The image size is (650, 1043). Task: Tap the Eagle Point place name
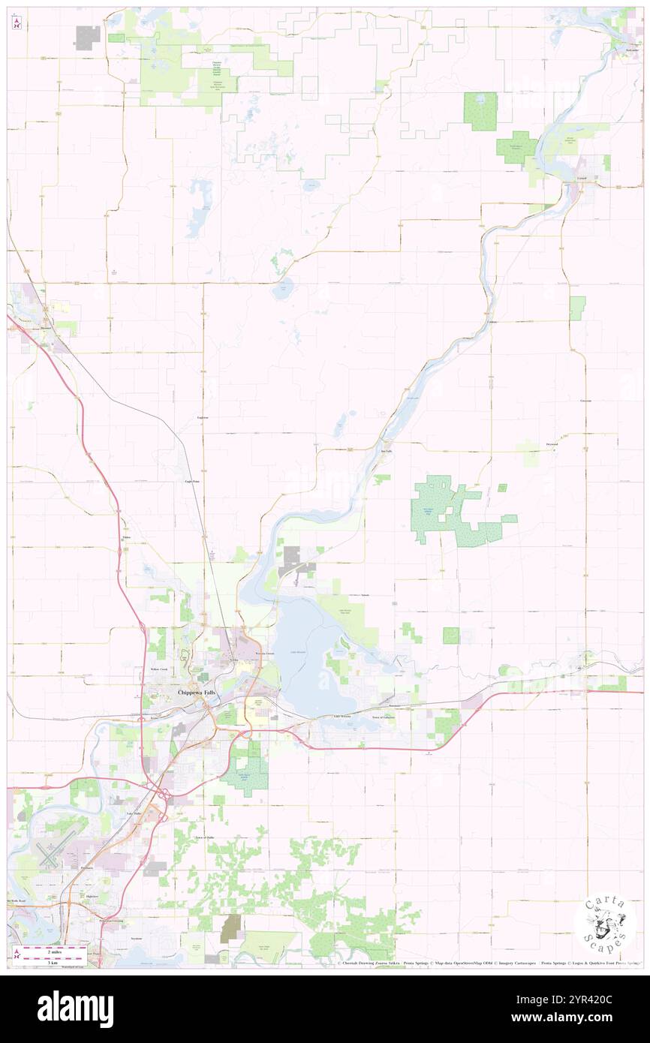pyautogui.click(x=192, y=481)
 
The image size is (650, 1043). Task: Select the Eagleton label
pyautogui.click(x=203, y=416)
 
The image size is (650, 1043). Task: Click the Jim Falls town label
pyautogui.click(x=387, y=451)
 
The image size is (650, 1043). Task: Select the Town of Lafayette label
pyautogui.click(x=384, y=717)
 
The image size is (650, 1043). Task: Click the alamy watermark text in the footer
pyautogui.click(x=75, y=1009)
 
